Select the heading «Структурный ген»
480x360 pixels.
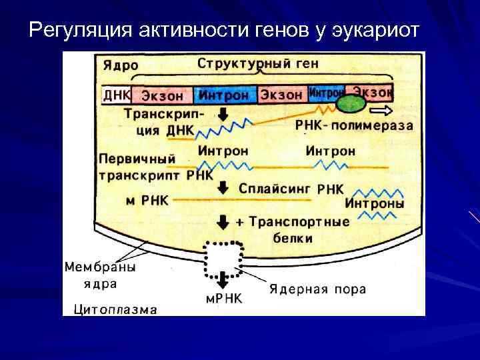(x=257, y=65)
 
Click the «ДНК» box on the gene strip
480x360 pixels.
(x=116, y=95)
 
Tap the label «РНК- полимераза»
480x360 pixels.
(x=353, y=125)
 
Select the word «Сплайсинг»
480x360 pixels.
(x=275, y=189)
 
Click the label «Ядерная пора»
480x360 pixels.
(x=317, y=289)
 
